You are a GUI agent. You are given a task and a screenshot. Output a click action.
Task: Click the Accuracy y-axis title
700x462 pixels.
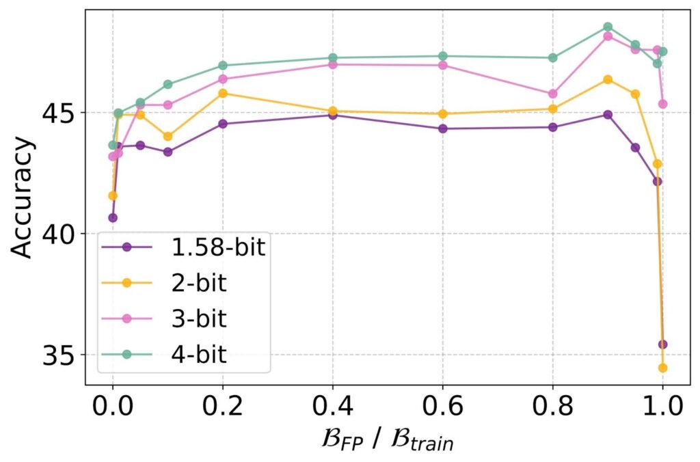pos(23,198)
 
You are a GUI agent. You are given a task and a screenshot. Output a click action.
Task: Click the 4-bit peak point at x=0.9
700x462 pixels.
pos(608,27)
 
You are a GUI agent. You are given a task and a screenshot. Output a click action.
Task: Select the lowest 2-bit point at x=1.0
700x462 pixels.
pos(662,368)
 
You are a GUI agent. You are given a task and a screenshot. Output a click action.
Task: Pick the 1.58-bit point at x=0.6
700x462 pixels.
pos(443,128)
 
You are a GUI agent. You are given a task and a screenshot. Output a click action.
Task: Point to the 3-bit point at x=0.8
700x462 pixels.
pos(552,94)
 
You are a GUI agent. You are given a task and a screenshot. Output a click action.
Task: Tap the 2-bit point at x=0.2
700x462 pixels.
pos(223,93)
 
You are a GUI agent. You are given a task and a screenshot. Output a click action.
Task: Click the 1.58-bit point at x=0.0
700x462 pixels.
pos(113,218)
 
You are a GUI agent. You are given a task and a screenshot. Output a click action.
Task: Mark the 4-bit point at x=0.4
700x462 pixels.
pos(333,58)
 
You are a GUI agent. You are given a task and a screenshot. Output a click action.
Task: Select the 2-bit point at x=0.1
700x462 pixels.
pos(167,136)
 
